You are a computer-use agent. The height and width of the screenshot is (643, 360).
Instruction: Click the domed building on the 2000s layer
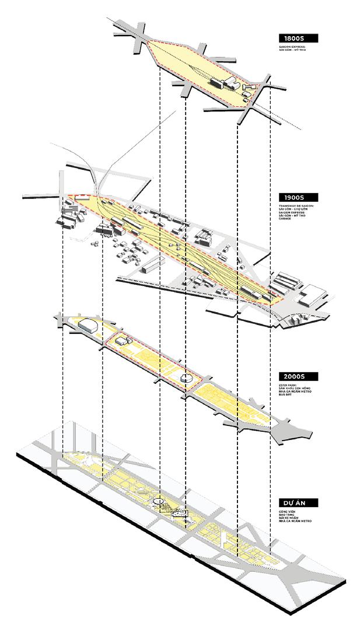(x=88, y=324)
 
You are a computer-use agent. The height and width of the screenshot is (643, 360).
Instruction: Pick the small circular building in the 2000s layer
(x=186, y=378)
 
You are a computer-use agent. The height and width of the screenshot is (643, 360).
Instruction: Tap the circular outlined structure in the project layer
(x=158, y=501)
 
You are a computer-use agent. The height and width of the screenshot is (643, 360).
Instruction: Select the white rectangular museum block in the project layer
(x=180, y=513)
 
